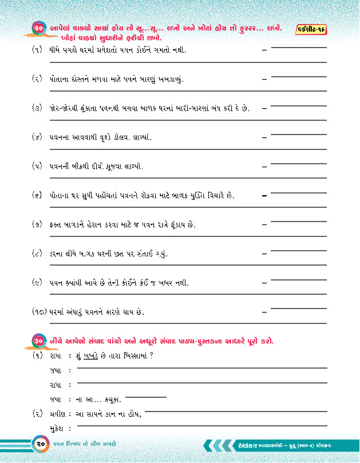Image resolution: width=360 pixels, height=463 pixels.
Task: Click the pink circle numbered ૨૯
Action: (39, 28)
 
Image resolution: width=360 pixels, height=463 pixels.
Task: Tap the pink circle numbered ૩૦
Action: (39, 341)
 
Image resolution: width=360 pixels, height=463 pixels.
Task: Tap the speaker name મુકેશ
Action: (55, 428)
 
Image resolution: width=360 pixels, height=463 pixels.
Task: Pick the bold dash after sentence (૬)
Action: (264, 196)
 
